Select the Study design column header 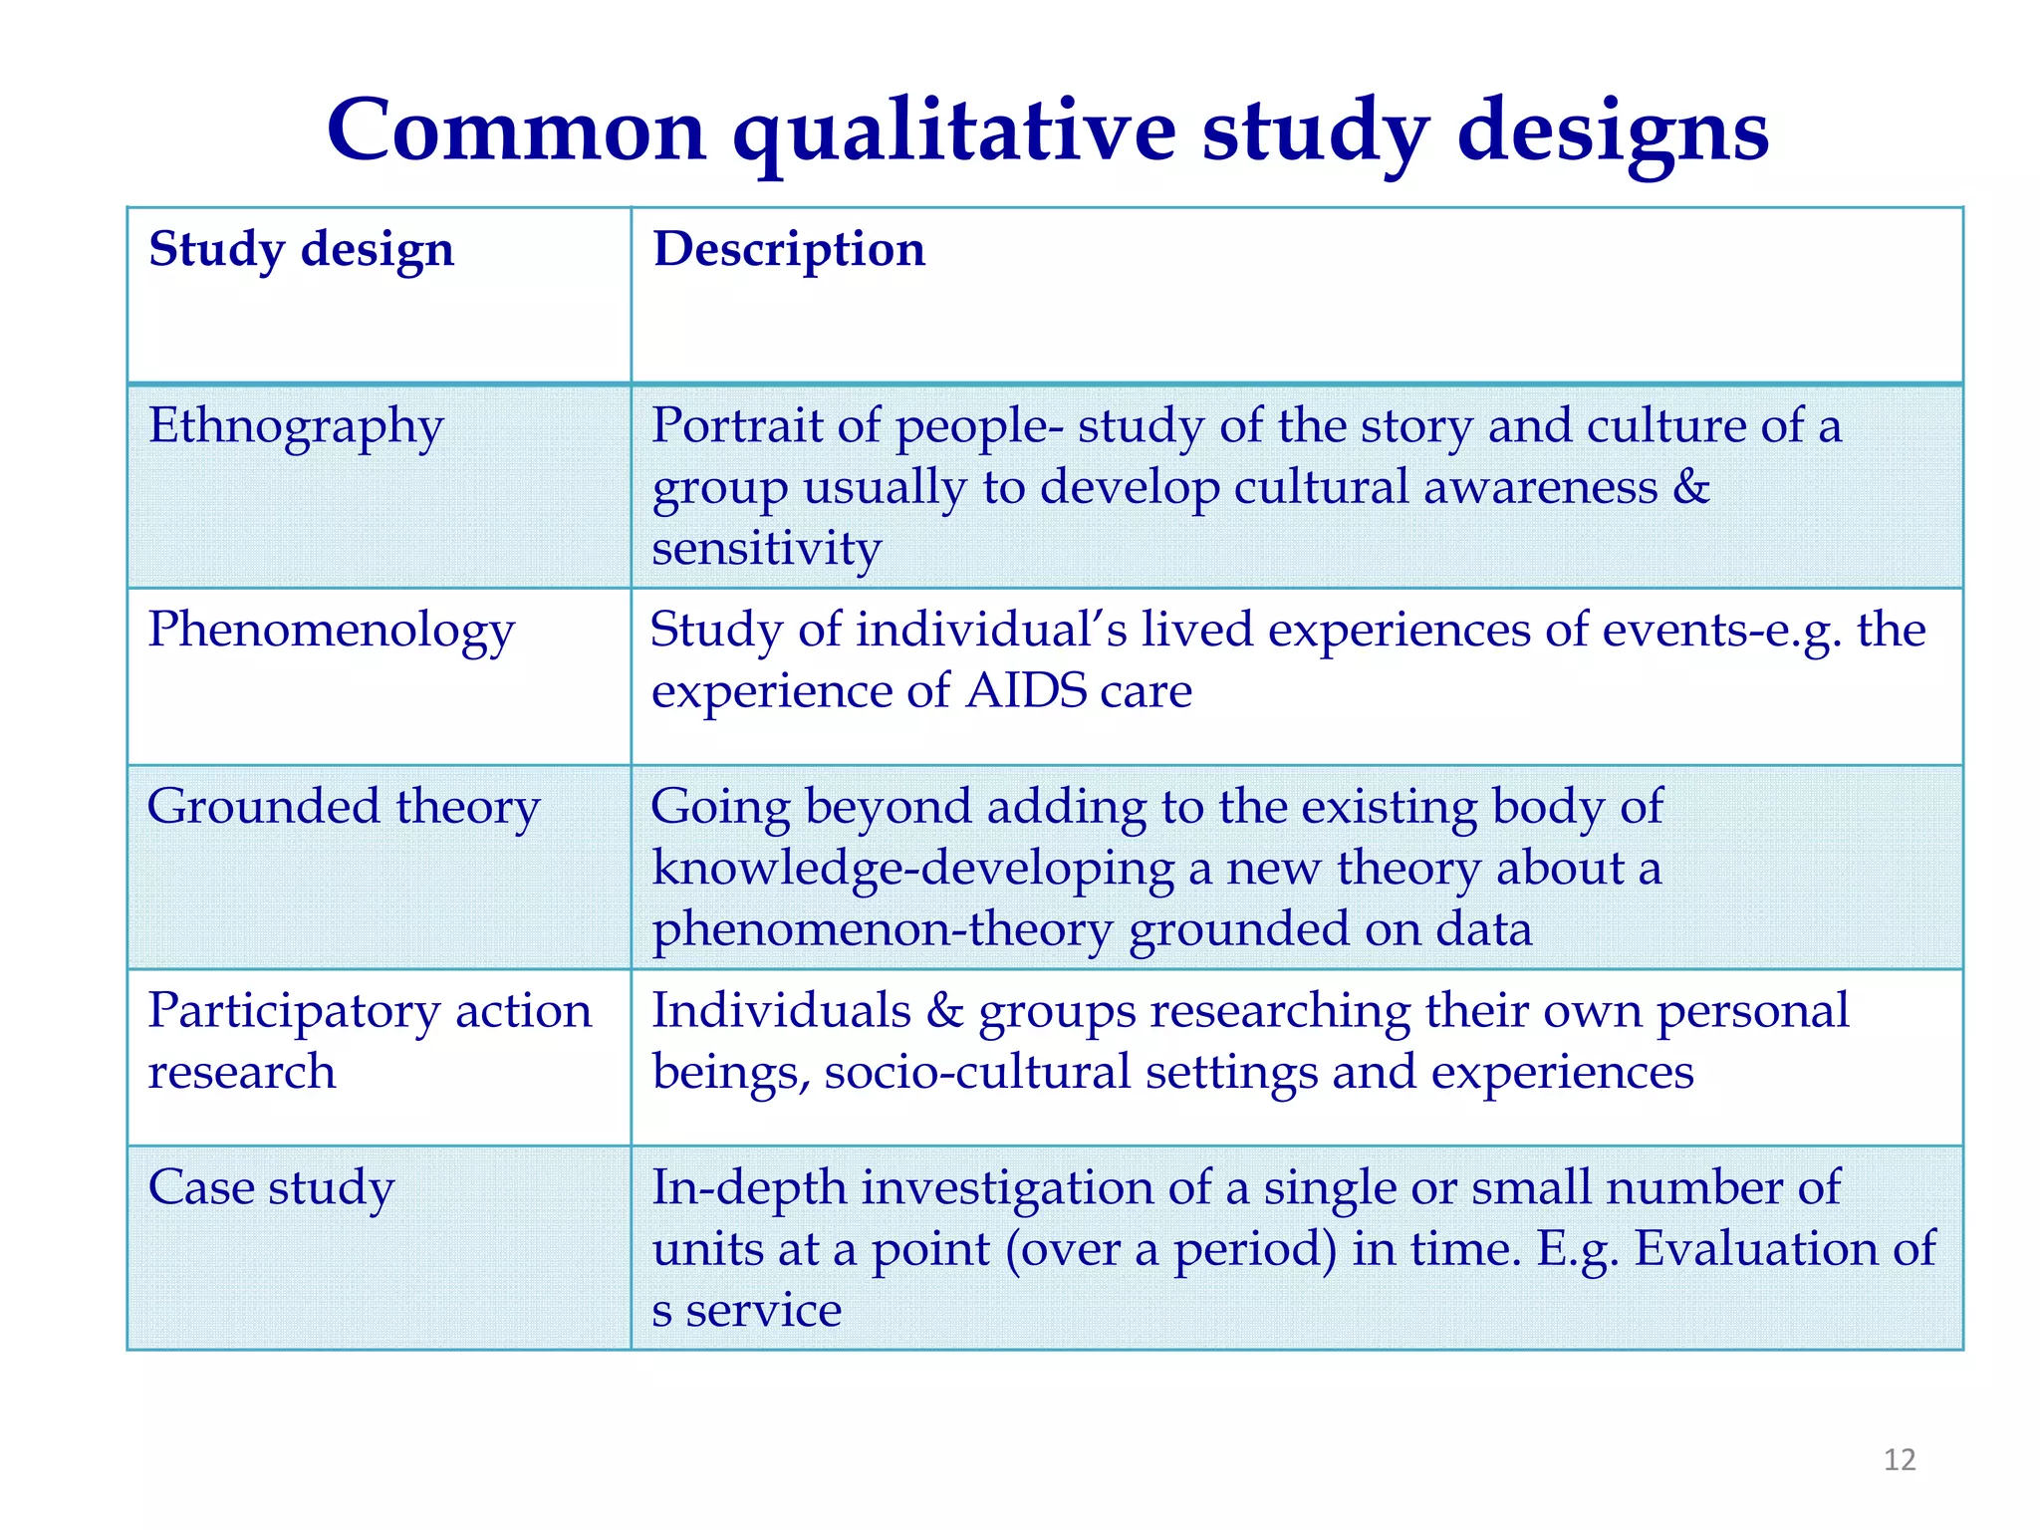point(301,249)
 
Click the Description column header point(789,249)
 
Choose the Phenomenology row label point(331,632)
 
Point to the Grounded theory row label point(343,807)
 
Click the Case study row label point(271,1188)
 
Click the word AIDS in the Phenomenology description point(1026,691)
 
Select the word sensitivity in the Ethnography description point(766,549)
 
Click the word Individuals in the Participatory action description point(781,1011)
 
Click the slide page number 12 point(1899,1460)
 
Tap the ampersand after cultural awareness point(1690,488)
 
